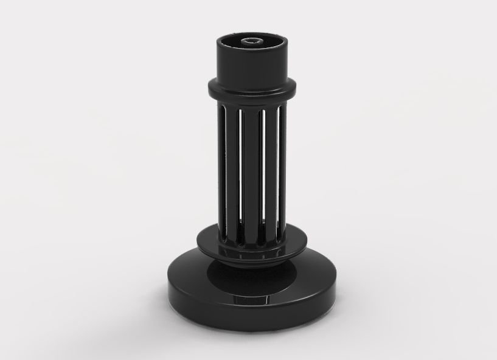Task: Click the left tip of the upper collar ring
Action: tap(209, 87)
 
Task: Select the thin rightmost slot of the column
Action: tap(278, 170)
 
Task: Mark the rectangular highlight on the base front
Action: tap(251, 300)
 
